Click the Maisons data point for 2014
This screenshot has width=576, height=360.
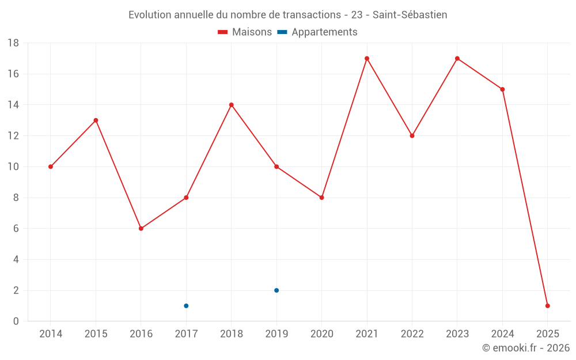point(51,166)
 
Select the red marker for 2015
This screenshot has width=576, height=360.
point(96,120)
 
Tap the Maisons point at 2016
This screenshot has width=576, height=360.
point(141,229)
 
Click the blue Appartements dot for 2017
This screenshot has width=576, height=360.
point(186,306)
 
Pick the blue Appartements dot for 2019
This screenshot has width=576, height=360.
point(276,290)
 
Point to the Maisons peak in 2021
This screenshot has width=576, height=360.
point(367,58)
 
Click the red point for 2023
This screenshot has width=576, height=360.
point(457,58)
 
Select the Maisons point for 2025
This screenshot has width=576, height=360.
point(548,306)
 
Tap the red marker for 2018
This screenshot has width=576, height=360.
point(232,105)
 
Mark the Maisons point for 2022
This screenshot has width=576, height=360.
point(412,136)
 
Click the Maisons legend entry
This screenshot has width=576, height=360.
point(245,32)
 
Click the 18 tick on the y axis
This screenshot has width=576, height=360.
point(13,43)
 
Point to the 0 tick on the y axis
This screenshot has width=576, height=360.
point(16,321)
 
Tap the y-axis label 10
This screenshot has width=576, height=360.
point(13,167)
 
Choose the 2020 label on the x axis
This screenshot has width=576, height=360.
point(321,334)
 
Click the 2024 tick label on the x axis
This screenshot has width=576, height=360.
point(502,334)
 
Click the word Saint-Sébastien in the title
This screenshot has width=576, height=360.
point(410,15)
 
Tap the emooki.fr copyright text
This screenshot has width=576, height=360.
point(526,348)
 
